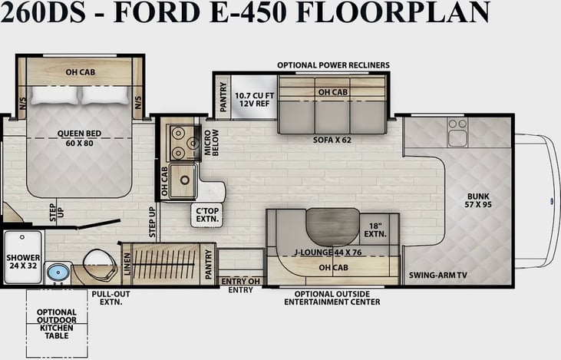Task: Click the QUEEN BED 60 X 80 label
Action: click(79, 138)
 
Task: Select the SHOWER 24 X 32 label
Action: click(23, 262)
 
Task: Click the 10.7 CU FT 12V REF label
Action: click(254, 100)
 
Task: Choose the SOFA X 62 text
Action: click(332, 140)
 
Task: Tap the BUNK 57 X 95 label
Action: click(478, 200)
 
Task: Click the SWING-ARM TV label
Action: click(438, 276)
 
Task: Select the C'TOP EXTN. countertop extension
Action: click(207, 215)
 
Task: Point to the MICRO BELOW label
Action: click(212, 143)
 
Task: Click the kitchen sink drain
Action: click(185, 180)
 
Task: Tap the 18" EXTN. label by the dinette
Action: click(375, 230)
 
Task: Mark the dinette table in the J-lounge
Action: click(333, 226)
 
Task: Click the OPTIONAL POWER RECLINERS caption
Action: click(333, 65)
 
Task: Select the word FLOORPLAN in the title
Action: click(393, 12)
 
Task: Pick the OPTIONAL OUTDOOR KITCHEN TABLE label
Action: click(57, 324)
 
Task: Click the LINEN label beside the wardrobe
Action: click(127, 264)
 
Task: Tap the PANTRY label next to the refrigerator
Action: click(223, 97)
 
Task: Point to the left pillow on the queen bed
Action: click(54, 95)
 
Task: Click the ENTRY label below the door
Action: click(240, 290)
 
